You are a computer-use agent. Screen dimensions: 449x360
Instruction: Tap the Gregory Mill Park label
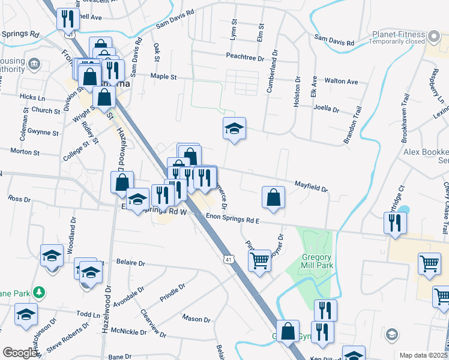[x=313, y=262]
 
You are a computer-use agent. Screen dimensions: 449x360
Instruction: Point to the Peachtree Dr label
[x=245, y=58]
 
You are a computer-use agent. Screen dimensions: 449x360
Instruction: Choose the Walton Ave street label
[x=341, y=82]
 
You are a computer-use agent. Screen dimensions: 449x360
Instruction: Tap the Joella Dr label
[x=327, y=110]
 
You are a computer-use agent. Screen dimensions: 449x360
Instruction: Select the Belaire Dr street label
[x=130, y=263]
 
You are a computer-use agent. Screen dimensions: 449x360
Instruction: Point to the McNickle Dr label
[x=129, y=332]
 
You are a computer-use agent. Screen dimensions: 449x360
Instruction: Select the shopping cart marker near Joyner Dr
[x=259, y=261]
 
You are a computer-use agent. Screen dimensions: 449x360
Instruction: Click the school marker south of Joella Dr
[x=234, y=128]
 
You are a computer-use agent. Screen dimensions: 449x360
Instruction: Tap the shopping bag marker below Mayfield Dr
[x=273, y=197]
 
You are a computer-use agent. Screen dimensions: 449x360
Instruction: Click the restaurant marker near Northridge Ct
[x=396, y=223]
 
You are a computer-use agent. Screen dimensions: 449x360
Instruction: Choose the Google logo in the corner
[x=20, y=353]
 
